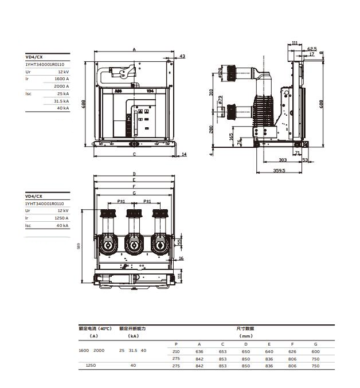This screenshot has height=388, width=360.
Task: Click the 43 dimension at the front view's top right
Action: [x=182, y=56]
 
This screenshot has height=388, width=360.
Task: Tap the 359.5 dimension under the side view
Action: [x=279, y=170]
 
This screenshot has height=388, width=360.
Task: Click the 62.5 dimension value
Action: [x=311, y=49]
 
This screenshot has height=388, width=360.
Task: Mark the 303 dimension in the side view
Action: [x=283, y=160]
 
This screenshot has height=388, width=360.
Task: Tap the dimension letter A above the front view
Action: [x=134, y=50]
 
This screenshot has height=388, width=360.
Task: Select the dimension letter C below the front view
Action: [x=134, y=154]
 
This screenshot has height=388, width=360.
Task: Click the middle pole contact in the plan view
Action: [x=133, y=245]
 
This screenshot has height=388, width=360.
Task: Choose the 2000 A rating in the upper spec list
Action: [x=61, y=86]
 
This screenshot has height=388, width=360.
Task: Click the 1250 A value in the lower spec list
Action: [x=61, y=218]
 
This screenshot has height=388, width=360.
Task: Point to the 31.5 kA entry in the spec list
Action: [x=61, y=100]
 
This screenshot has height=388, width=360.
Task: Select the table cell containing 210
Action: [x=176, y=351]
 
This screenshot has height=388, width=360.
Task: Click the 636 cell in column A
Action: [x=199, y=351]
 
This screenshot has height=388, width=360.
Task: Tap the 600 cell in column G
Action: [x=315, y=351]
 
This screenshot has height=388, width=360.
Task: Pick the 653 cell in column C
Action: [x=222, y=351]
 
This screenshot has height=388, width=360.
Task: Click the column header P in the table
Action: [x=176, y=343]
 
